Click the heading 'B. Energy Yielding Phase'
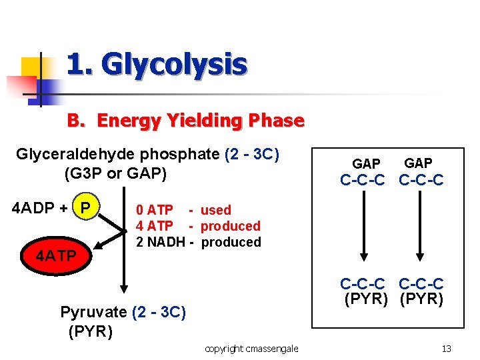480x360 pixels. (x=185, y=121)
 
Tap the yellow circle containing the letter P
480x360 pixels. (x=85, y=207)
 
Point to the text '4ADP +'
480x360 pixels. (x=40, y=207)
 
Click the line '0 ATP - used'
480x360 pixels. (x=183, y=210)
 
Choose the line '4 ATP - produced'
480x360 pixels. (x=198, y=226)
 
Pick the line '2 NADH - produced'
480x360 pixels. (x=199, y=242)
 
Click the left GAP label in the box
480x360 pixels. (x=366, y=164)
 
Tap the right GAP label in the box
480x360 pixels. (x=418, y=163)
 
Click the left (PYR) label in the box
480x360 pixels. (x=366, y=299)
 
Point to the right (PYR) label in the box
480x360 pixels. (x=421, y=299)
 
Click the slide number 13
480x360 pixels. (x=447, y=349)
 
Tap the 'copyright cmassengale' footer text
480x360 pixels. (x=251, y=349)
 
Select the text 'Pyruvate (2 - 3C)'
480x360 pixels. (x=123, y=312)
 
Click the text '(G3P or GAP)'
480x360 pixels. (x=115, y=174)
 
